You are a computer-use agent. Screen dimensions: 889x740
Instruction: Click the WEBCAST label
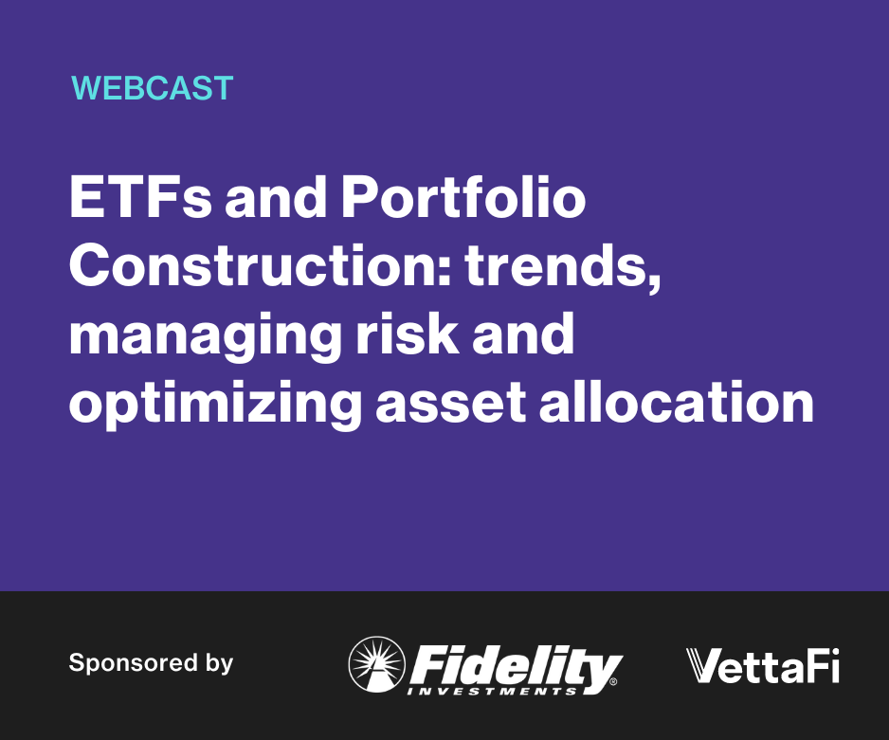pos(152,88)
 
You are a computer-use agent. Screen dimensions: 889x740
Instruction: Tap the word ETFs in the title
pos(140,197)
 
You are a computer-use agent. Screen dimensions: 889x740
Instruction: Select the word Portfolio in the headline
pos(463,197)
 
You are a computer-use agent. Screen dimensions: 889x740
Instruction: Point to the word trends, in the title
pos(563,266)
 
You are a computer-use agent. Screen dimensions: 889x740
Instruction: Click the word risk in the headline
pos(408,333)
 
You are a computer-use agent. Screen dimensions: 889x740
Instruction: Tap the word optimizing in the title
pos(215,405)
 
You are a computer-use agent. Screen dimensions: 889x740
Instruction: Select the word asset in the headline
pos(451,404)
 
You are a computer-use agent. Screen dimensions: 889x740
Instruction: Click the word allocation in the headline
pos(677,401)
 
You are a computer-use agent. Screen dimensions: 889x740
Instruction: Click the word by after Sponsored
pos(220,664)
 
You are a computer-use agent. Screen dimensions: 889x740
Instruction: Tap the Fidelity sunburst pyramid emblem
pos(377,664)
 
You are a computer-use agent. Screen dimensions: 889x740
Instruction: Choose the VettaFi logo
pos(763,666)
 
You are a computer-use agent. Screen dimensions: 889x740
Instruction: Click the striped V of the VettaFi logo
pos(703,666)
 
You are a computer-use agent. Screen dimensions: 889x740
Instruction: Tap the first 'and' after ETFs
pos(276,197)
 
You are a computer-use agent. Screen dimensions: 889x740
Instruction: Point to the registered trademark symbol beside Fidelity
pos(613,681)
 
